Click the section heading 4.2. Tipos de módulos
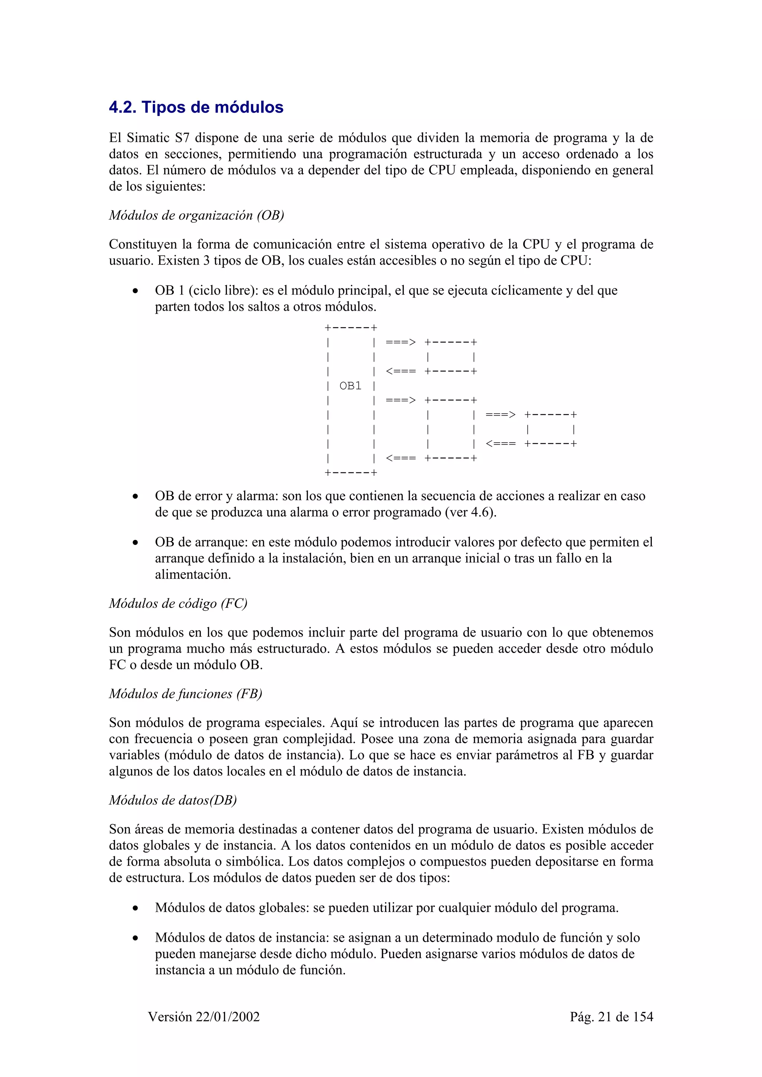pos(196,107)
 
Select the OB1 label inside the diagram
pos(350,386)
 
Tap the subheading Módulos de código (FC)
pos(178,603)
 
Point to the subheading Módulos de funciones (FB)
pos(185,694)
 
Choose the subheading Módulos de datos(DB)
pos(173,800)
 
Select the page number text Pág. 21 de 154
pos(611,1017)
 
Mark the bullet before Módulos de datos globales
pos(135,909)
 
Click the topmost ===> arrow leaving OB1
pos(400,342)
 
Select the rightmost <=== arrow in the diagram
pos(500,444)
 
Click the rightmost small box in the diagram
pos(550,429)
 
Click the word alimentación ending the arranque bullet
pos(193,575)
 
